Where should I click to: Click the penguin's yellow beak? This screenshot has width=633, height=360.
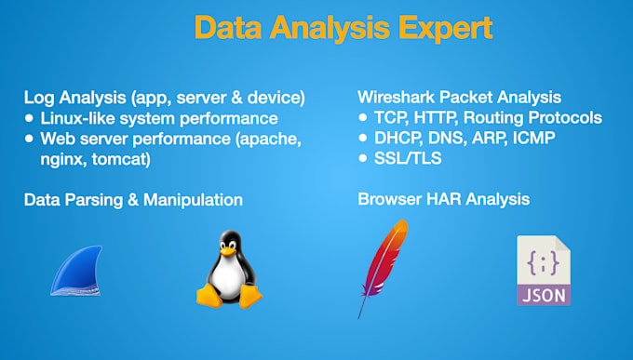pyautogui.click(x=226, y=253)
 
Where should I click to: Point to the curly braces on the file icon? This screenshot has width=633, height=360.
pyautogui.click(x=543, y=263)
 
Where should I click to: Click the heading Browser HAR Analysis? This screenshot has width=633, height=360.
pyautogui.click(x=443, y=199)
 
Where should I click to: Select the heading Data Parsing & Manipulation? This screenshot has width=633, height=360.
pyautogui.click(x=133, y=200)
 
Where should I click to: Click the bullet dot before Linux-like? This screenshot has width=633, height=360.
pyautogui.click(x=30, y=118)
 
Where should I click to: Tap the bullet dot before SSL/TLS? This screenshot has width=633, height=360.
pyautogui.click(x=364, y=158)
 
